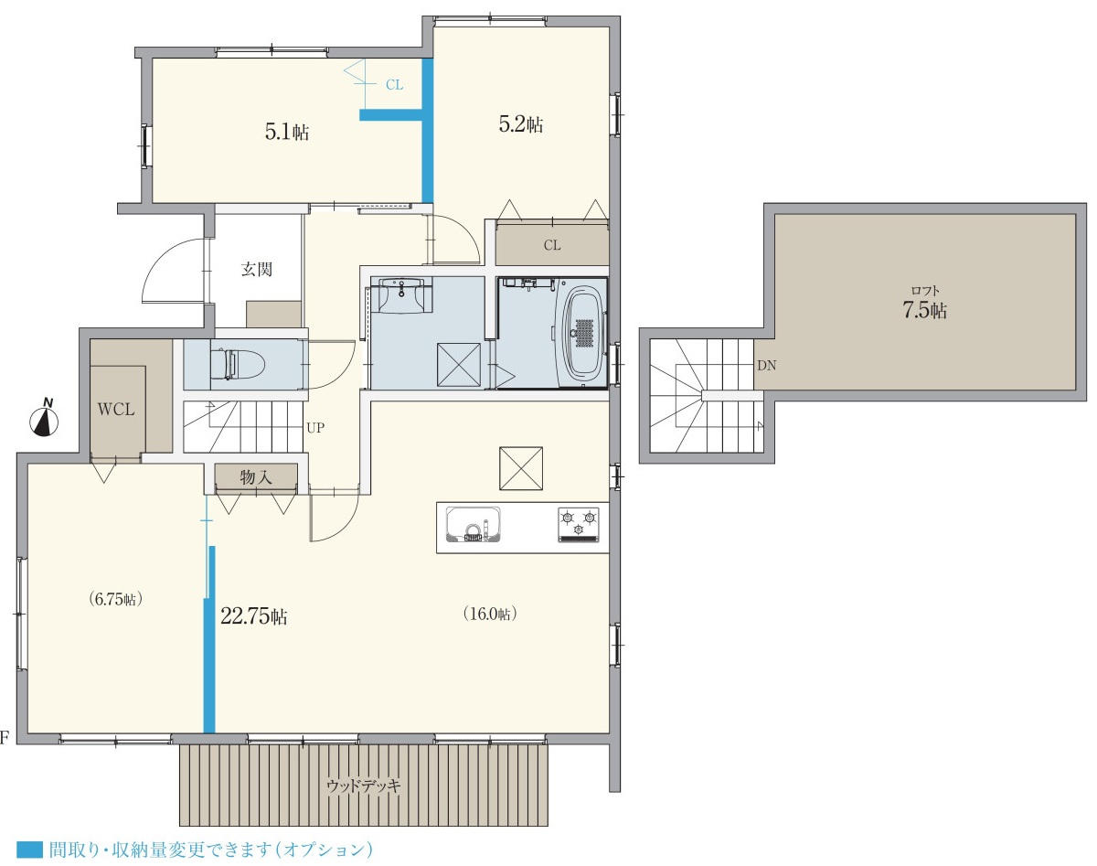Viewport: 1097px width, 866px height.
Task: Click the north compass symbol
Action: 45,419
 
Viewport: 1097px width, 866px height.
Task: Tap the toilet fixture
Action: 238,364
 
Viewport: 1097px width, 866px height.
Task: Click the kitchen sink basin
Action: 473,524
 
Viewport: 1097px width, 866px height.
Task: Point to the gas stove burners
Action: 579,524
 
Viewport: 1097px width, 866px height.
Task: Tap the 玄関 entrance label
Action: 256,269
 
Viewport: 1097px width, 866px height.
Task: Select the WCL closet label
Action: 116,409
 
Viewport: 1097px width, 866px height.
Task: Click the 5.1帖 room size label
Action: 286,133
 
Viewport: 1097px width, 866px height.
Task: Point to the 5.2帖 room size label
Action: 520,124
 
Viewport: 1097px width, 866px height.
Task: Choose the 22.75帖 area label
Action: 254,616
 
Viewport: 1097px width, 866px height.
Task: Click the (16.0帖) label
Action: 490,614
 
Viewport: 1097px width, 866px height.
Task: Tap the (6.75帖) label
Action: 115,599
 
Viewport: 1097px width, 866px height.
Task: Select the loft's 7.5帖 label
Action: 925,311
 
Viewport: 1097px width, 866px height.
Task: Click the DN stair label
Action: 767,365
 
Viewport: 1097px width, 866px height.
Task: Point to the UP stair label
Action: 315,428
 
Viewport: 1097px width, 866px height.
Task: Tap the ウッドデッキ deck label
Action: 364,786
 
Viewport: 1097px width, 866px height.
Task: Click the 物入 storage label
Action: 256,477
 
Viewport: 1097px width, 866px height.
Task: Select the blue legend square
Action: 29,850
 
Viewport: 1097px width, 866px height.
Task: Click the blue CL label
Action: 395,85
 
